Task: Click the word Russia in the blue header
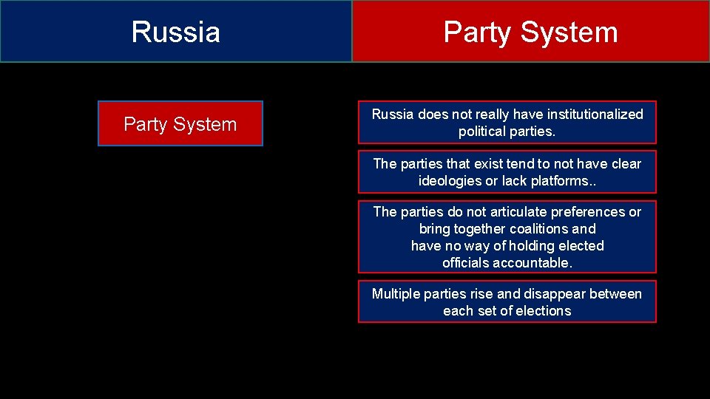click(176, 33)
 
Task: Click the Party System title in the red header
click(530, 33)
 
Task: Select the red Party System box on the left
click(180, 124)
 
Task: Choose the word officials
click(467, 263)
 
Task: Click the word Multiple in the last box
click(396, 294)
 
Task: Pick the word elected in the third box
click(580, 246)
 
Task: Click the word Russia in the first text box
click(393, 115)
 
